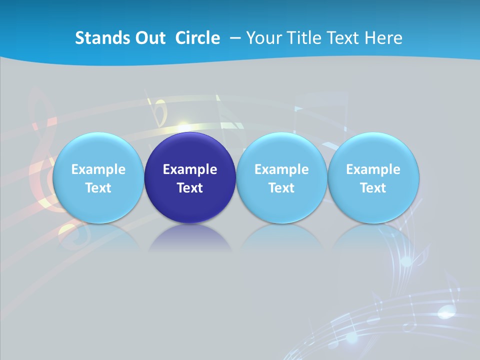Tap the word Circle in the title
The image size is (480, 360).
click(197, 38)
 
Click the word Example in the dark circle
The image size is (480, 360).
click(189, 169)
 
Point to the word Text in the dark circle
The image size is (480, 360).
click(189, 188)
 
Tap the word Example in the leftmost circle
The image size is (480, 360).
click(98, 169)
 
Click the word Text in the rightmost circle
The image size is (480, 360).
click(373, 188)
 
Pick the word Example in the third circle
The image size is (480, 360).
click(281, 169)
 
